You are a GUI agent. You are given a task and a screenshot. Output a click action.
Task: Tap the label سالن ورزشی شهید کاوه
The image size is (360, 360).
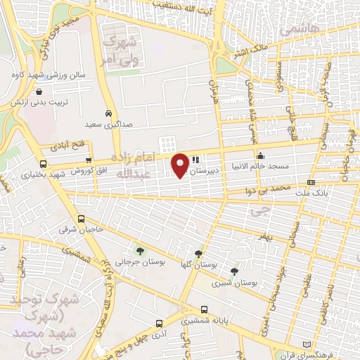tap(42, 74)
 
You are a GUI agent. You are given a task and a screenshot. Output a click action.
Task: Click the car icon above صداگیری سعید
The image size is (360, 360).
tap(108, 113)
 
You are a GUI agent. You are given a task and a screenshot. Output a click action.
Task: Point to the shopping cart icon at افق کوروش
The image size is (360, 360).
tap(88, 160)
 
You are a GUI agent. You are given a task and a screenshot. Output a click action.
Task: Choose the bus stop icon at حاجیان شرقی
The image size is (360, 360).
tap(82, 219)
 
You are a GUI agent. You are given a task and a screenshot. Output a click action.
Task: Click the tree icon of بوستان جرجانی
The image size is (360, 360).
tap(140, 250)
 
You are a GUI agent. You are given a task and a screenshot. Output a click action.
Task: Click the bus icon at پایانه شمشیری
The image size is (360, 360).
tap(204, 309)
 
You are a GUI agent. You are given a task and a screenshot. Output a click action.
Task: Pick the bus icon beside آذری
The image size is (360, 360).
tap(160, 323)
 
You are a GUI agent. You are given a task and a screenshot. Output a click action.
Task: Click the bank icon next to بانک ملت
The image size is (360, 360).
tap(311, 183)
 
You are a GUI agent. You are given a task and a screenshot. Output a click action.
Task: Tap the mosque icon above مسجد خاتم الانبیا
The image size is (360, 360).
tap(261, 155)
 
